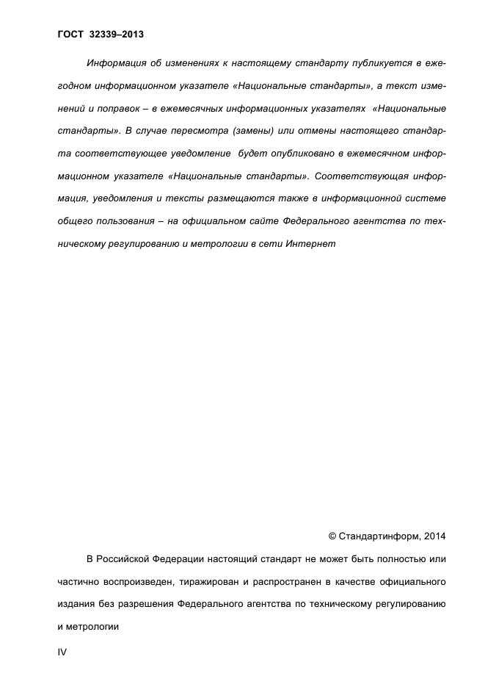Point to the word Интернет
314,243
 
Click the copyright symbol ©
332,535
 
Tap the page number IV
62,652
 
